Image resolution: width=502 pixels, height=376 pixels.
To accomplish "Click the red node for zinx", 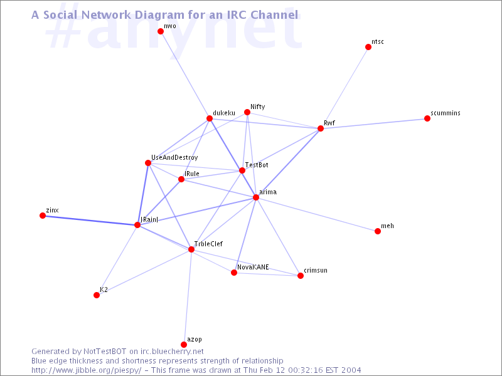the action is tap(43, 216).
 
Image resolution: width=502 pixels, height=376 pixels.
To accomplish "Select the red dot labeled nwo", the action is tap(161, 31).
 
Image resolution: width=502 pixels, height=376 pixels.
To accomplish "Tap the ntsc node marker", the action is tap(368, 47).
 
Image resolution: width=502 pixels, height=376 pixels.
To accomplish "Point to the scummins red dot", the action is tap(427, 118).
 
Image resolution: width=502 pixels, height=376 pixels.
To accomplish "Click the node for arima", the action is tap(256, 197).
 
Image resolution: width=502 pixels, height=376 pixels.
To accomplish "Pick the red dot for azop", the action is tap(184, 344).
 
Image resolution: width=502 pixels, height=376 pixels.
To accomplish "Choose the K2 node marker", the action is tap(97, 295).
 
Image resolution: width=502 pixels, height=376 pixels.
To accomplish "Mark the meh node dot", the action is tap(378, 231).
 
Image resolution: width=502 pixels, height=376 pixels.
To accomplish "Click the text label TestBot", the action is tap(257, 165).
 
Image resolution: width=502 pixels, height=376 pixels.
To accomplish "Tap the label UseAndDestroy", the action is tap(174, 158).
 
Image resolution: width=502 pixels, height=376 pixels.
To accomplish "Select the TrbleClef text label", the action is tap(208, 244).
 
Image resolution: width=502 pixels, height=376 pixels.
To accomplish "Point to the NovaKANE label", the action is tap(253, 268).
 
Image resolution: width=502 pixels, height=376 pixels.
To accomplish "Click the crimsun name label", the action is tap(316, 271).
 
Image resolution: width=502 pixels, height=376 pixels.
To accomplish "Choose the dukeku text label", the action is tap(224, 113).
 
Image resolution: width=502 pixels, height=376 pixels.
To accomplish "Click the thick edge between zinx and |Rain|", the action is tap(90, 221).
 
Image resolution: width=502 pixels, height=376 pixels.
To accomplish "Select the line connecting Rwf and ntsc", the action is tap(344, 88).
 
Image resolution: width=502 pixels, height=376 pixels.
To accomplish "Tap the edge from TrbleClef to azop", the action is tap(188, 296).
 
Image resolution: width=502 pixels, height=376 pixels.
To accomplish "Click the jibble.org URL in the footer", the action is tap(86, 370).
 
